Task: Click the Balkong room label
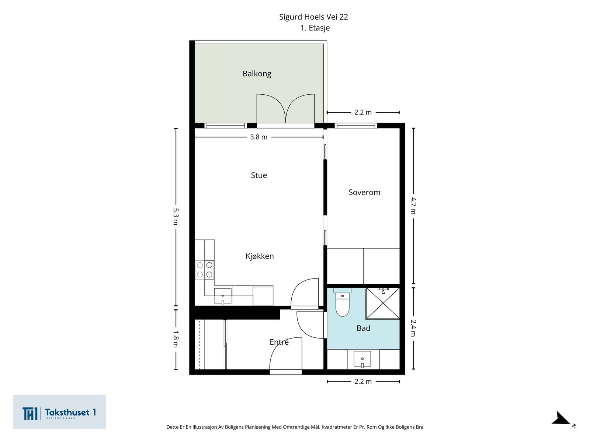click(x=257, y=74)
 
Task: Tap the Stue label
click(x=259, y=175)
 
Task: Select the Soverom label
click(x=364, y=192)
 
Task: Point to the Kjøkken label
click(x=260, y=256)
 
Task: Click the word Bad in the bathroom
click(x=364, y=328)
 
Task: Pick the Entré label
click(x=279, y=342)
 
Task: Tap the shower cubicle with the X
click(x=383, y=304)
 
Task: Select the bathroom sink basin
click(x=362, y=359)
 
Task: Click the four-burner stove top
click(x=205, y=270)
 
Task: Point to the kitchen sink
click(x=223, y=297)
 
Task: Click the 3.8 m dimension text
click(x=258, y=137)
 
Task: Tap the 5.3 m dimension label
click(x=176, y=217)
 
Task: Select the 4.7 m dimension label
click(x=413, y=206)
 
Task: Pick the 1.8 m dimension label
click(x=176, y=339)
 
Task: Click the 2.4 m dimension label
click(x=413, y=328)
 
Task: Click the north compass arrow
click(x=561, y=419)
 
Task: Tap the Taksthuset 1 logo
click(x=59, y=412)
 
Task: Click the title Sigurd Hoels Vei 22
click(x=313, y=17)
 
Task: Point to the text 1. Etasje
click(x=315, y=28)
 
